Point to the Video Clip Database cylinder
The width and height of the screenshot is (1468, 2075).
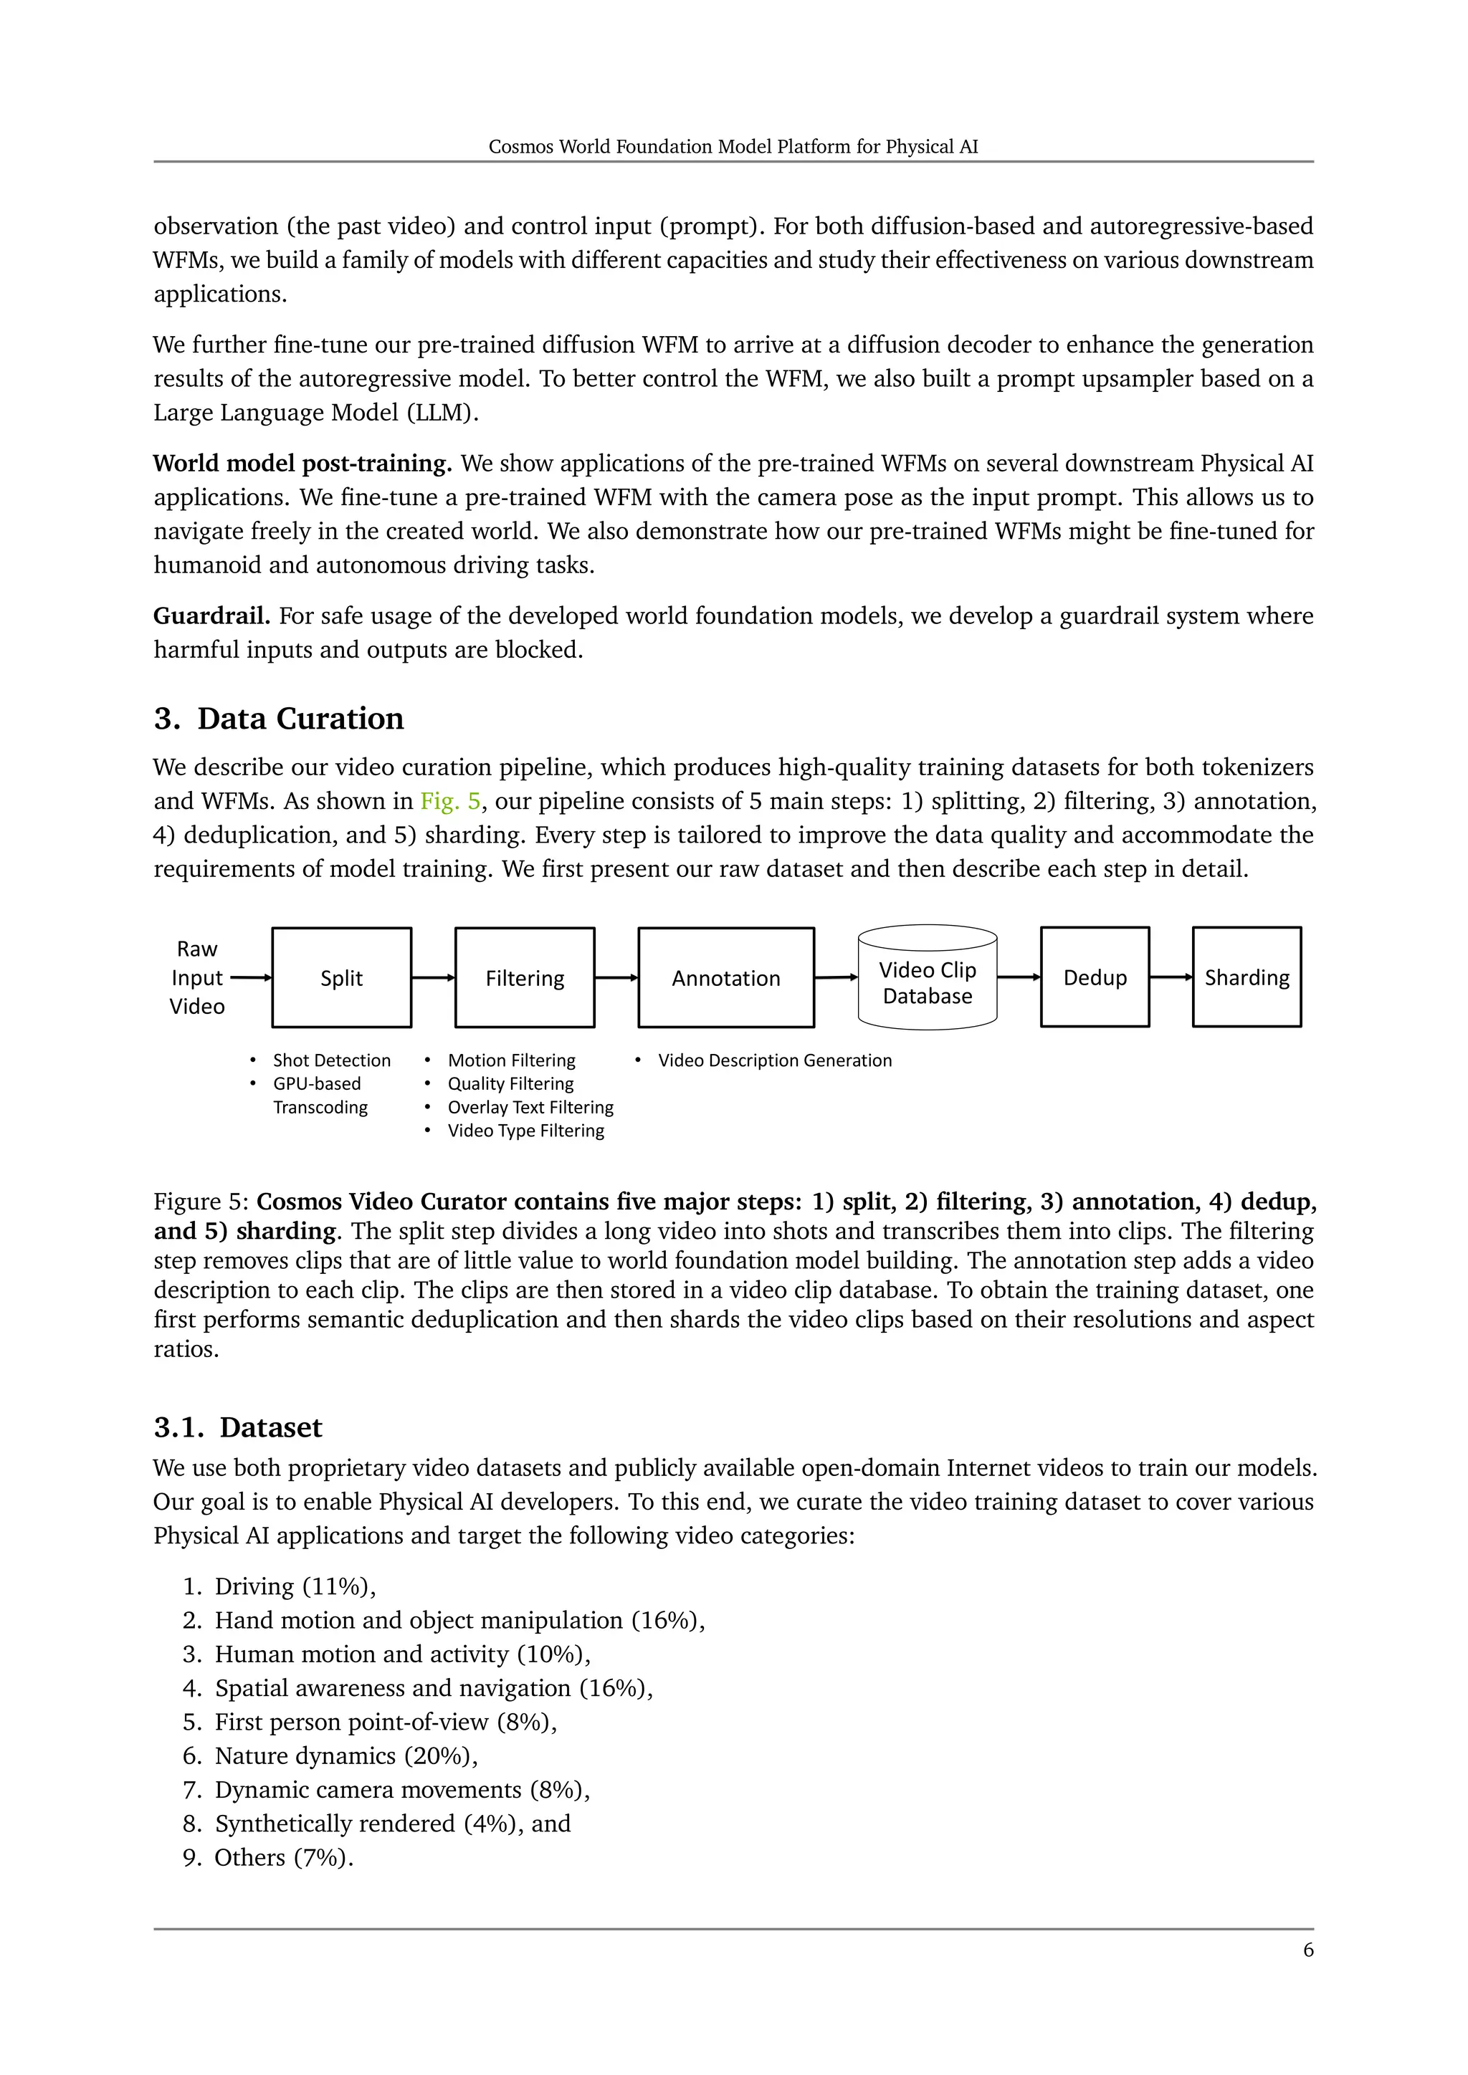point(927,982)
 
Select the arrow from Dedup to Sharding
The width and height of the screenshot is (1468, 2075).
point(1171,976)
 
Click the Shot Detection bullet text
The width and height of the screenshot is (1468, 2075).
point(331,1060)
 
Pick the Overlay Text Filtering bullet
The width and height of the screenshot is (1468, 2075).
point(530,1107)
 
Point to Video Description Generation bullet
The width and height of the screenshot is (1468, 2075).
point(773,1060)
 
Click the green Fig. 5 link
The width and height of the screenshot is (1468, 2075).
point(450,801)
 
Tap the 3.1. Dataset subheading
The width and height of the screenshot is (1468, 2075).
point(238,1427)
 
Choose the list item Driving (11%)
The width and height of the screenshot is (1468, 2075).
point(295,1586)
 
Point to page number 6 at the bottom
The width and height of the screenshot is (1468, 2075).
point(1308,1950)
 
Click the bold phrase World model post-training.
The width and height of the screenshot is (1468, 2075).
point(302,464)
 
